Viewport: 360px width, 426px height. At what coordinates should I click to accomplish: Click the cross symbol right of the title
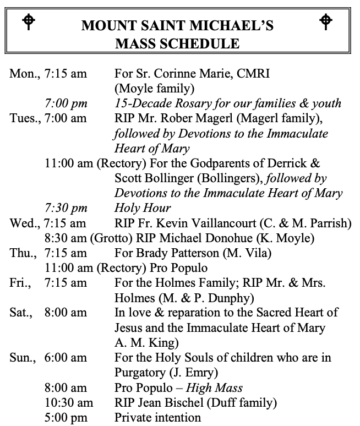[326, 21]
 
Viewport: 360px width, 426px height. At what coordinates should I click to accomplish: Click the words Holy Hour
[143, 208]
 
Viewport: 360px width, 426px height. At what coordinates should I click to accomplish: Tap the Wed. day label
[25, 223]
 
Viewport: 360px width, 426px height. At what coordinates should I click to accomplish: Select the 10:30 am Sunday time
[68, 402]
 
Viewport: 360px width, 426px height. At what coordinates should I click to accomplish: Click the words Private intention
[157, 417]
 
